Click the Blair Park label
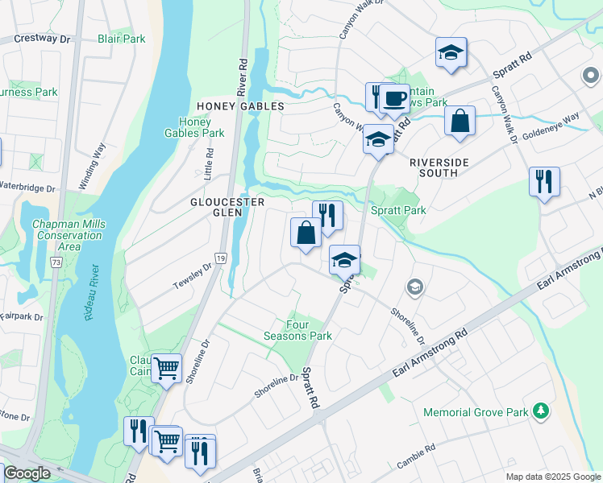pos(121,39)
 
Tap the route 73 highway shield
pos(55,262)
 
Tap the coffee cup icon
pos(394,98)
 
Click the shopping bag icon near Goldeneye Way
pos(460,122)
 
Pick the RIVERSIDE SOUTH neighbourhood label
pos(439,163)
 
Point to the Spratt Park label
pos(397,210)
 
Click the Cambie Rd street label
pos(417,456)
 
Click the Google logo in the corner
pos(27,473)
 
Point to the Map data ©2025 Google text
pos(552,477)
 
